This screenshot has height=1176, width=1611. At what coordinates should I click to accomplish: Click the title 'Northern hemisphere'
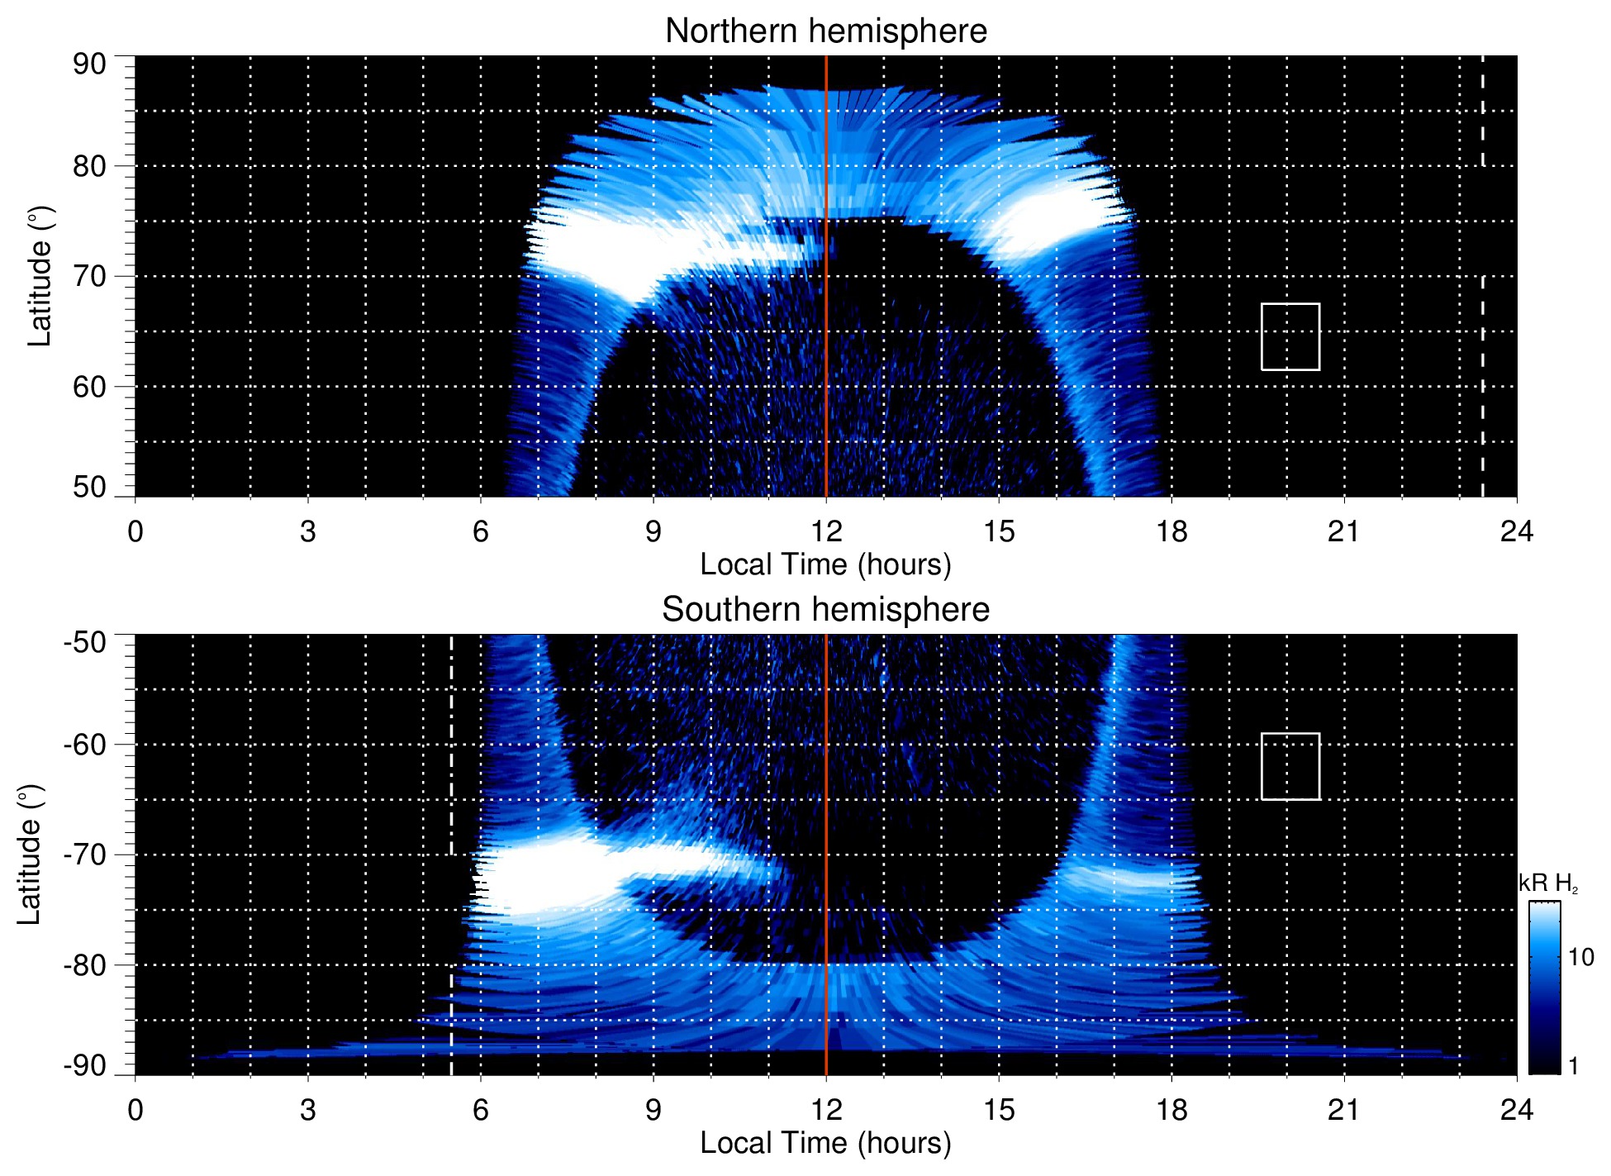point(825,31)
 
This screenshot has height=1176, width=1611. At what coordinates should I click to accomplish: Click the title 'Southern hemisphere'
point(825,610)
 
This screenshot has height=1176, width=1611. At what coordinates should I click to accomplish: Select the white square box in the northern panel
point(1290,337)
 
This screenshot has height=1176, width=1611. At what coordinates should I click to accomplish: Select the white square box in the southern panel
point(1290,766)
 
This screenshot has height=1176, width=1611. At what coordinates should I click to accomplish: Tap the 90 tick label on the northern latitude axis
point(89,64)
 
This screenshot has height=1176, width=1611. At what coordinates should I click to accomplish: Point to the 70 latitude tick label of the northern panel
point(89,276)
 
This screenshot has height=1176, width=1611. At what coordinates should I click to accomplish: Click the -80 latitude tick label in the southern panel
point(85,964)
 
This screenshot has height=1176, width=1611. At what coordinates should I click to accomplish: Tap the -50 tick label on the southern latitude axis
point(85,642)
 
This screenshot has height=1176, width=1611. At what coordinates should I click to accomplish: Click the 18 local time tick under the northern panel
point(1171,531)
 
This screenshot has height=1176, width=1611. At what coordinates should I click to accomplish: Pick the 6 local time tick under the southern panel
point(481,1110)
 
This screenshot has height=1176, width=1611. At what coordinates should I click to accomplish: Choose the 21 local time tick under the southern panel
point(1344,1110)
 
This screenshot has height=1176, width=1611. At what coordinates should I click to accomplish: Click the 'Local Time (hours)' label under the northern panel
point(825,565)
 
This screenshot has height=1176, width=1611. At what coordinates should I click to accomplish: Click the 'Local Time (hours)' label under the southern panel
point(825,1144)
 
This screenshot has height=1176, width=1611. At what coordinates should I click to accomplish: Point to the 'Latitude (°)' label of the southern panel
point(30,855)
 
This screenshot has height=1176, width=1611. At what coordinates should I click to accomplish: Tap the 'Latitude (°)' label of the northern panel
point(39,276)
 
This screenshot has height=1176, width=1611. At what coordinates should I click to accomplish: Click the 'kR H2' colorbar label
point(1548,883)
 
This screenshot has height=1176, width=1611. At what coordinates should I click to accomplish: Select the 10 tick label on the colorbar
point(1580,958)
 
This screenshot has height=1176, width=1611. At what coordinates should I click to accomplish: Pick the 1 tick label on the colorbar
point(1573,1066)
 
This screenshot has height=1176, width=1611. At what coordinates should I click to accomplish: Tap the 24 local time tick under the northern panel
point(1517,531)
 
